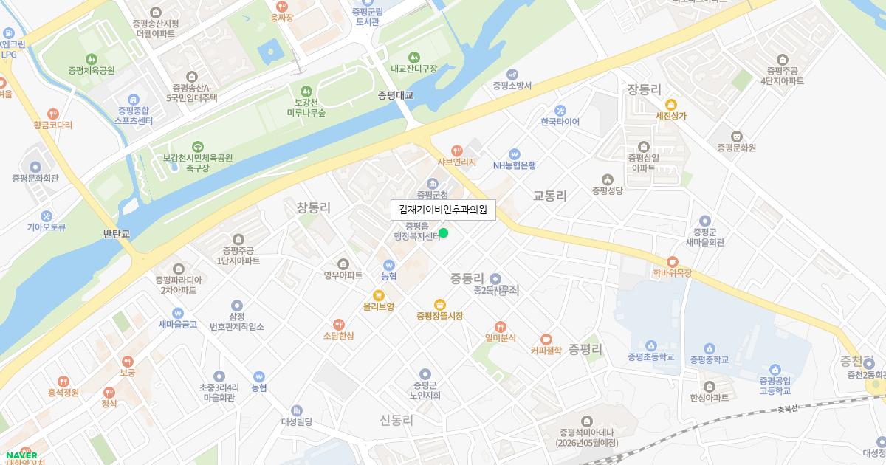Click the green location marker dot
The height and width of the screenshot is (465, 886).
[443, 233]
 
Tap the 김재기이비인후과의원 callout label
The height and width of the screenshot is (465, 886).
[443, 210]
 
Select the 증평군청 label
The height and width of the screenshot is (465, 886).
[433, 195]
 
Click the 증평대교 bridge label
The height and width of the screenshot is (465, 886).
[396, 95]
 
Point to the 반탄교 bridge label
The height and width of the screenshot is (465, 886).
[117, 234]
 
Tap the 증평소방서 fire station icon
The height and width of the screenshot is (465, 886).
[512, 74]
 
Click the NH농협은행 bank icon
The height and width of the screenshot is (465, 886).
[515, 154]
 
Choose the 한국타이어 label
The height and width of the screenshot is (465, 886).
[560, 122]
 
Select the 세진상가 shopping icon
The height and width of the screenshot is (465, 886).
[671, 105]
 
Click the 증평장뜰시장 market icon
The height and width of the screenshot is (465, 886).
[440, 304]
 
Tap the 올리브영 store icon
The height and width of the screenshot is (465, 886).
[379, 294]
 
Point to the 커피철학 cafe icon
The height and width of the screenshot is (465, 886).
[546, 339]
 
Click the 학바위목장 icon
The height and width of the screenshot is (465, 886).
[672, 261]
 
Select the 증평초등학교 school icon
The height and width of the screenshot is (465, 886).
[651, 345]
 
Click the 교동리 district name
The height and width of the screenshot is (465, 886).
[550, 196]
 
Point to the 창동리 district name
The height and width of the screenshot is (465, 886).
[314, 208]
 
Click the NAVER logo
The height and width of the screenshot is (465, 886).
[21, 455]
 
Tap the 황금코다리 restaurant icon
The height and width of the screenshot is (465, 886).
[52, 114]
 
